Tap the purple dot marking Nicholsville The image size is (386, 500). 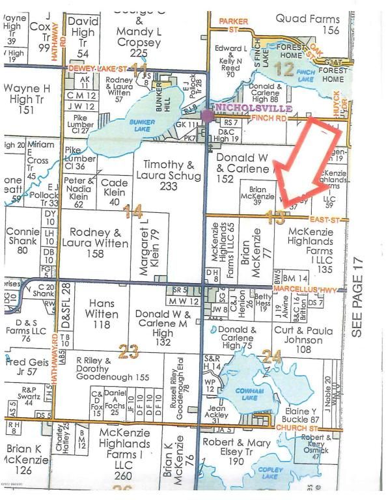coord(207,116)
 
